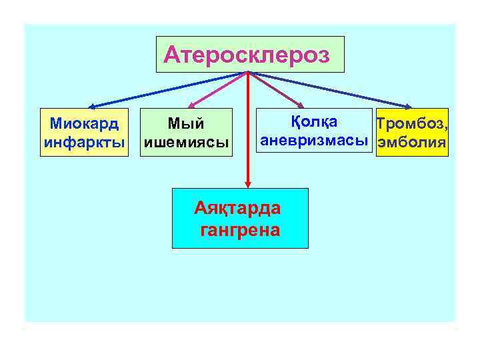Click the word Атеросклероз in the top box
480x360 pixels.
pyautogui.click(x=247, y=54)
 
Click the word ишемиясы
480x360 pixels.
pyautogui.click(x=186, y=142)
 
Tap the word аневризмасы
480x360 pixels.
pyautogui.click(x=314, y=141)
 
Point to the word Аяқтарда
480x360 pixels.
pyautogui.click(x=238, y=208)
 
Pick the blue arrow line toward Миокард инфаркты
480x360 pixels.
pyautogui.click(x=167, y=89)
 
